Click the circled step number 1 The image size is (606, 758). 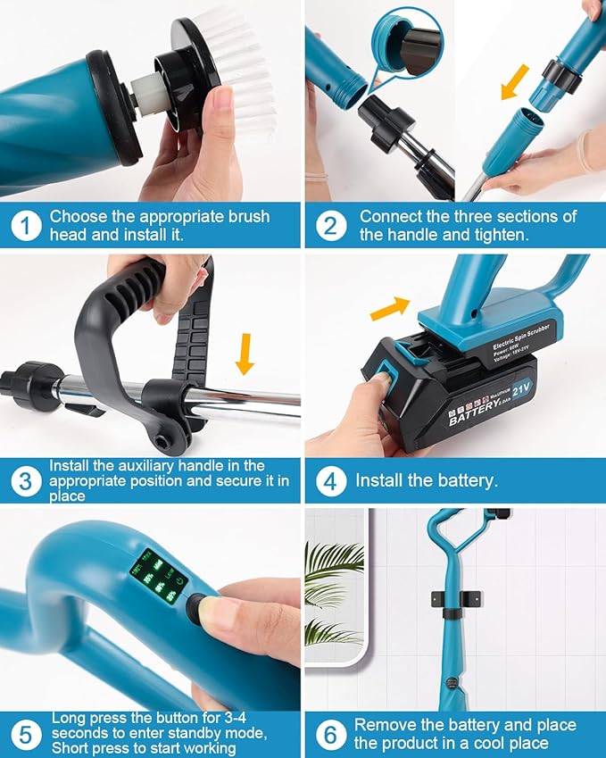[x=26, y=227]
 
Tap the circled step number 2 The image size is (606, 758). [x=330, y=227]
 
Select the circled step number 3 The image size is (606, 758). [x=26, y=481]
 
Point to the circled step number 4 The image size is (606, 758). [x=330, y=481]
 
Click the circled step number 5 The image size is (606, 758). [x=26, y=734]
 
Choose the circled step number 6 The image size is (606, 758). [x=330, y=734]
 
